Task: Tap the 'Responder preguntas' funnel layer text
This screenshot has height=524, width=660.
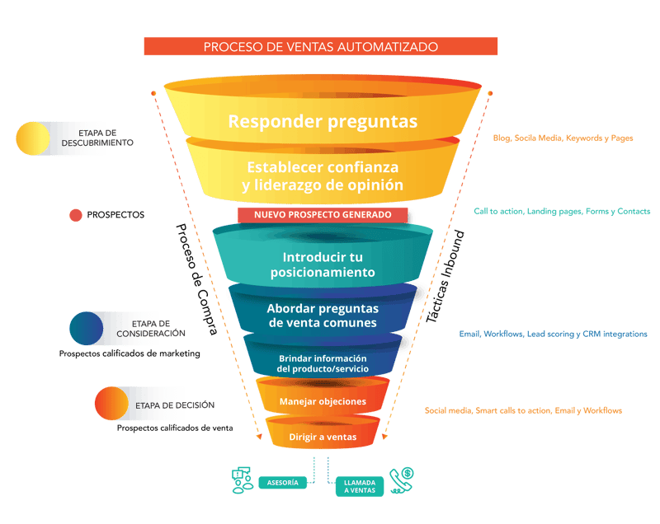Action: click(323, 122)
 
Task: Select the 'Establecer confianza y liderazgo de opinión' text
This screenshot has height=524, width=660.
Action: click(323, 176)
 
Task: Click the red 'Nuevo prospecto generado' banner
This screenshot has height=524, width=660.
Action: click(323, 215)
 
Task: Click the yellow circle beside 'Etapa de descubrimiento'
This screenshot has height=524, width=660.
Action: click(33, 138)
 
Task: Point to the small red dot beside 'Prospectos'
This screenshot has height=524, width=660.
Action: click(75, 215)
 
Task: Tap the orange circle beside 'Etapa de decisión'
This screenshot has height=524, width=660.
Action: click(111, 405)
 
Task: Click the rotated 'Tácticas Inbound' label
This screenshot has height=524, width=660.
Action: click(449, 281)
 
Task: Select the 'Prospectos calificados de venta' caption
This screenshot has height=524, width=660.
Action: click(175, 428)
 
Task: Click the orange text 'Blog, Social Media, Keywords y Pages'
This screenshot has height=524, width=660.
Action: click(563, 138)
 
